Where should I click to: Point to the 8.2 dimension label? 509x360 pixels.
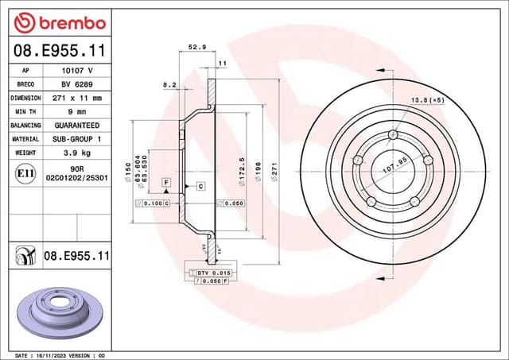169,83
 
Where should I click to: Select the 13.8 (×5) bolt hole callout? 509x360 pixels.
427,99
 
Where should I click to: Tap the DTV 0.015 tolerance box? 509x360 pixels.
209,273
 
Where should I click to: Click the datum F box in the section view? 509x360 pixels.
166,183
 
